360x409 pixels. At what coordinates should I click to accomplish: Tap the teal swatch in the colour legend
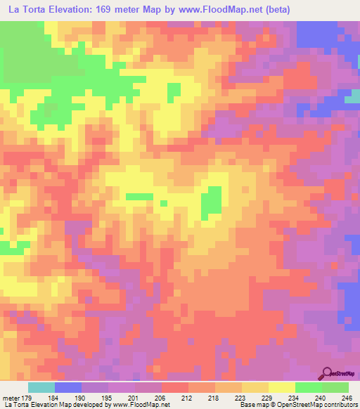(x=41, y=387)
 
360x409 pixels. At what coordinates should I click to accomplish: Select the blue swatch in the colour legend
(x=68, y=387)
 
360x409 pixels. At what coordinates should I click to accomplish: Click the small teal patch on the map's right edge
(x=352, y=99)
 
